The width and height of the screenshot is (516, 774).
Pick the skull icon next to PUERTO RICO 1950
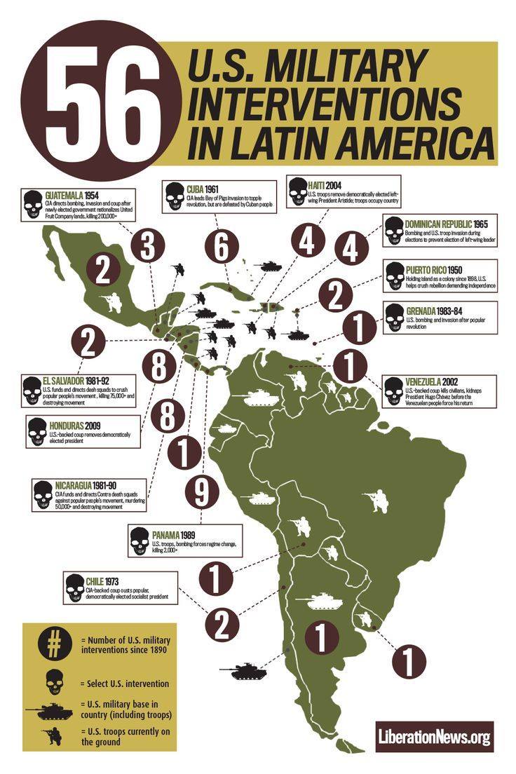pos(395,276)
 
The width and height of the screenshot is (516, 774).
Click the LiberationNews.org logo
pos(434,736)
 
